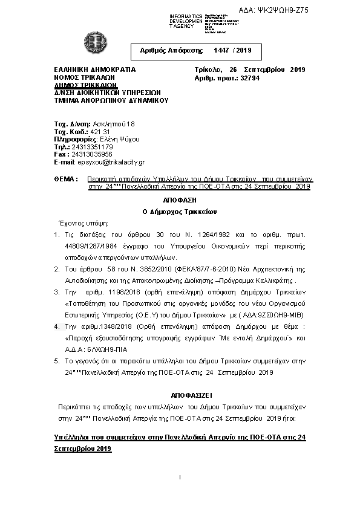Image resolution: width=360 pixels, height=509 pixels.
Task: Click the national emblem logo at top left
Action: [95, 44]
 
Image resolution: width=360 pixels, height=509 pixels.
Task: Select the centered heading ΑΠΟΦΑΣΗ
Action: [180, 199]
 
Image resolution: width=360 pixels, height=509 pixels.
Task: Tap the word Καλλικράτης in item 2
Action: [272, 280]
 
